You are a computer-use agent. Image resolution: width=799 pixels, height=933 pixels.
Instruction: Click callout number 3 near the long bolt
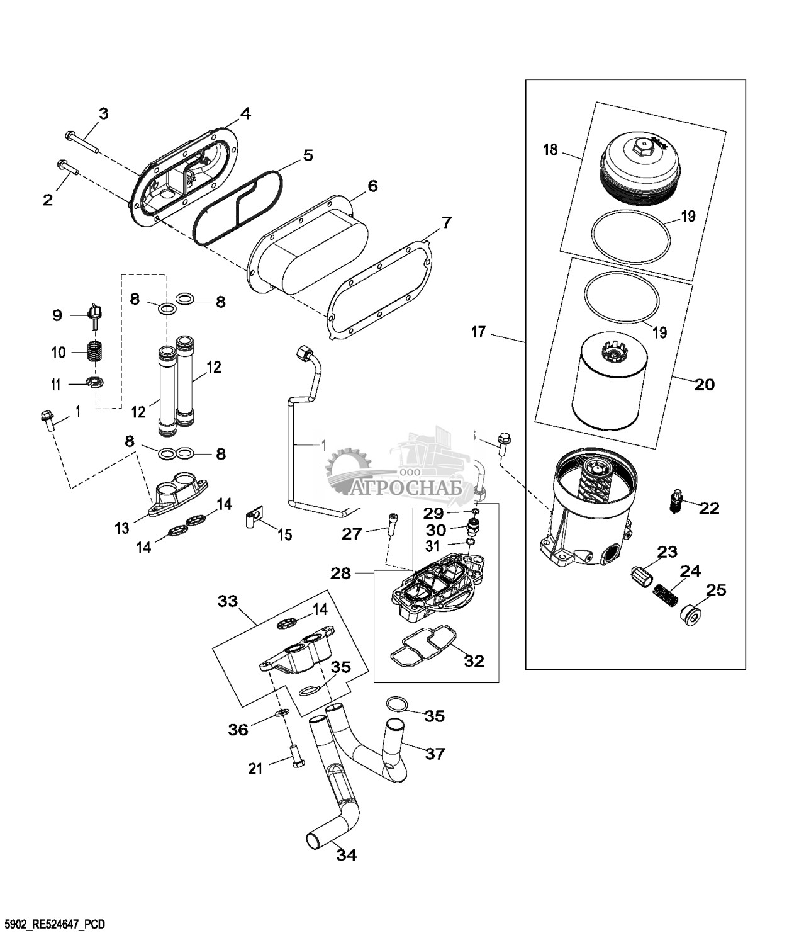tap(103, 114)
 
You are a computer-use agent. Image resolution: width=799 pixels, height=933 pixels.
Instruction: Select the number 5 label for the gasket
tap(308, 155)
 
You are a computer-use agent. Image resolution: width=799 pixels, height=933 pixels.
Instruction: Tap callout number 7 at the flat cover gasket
tap(446, 222)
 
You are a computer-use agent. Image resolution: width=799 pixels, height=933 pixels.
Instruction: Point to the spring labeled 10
tap(94, 351)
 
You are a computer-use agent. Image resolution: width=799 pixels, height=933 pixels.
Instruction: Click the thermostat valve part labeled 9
tap(95, 312)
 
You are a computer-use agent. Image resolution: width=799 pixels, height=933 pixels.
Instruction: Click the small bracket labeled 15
tap(253, 520)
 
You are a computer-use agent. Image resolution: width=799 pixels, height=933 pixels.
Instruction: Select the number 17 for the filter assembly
tap(478, 331)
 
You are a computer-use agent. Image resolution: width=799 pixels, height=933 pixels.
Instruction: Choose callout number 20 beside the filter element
tap(705, 384)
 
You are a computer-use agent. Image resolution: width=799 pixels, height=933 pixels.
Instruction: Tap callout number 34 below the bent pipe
tap(347, 856)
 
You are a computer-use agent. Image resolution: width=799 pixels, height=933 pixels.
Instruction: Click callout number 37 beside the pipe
tap(435, 754)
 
